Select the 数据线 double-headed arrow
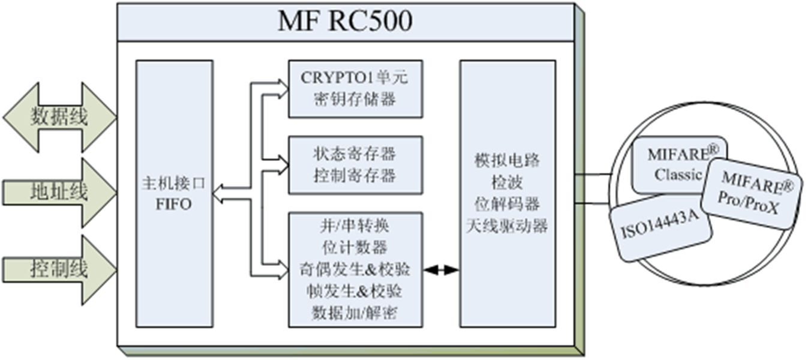[59, 117]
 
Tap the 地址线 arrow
[59, 192]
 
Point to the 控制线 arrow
[59, 268]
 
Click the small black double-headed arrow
[441, 271]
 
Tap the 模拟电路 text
[506, 161]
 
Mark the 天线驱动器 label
[506, 227]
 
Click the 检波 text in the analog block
[506, 183]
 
